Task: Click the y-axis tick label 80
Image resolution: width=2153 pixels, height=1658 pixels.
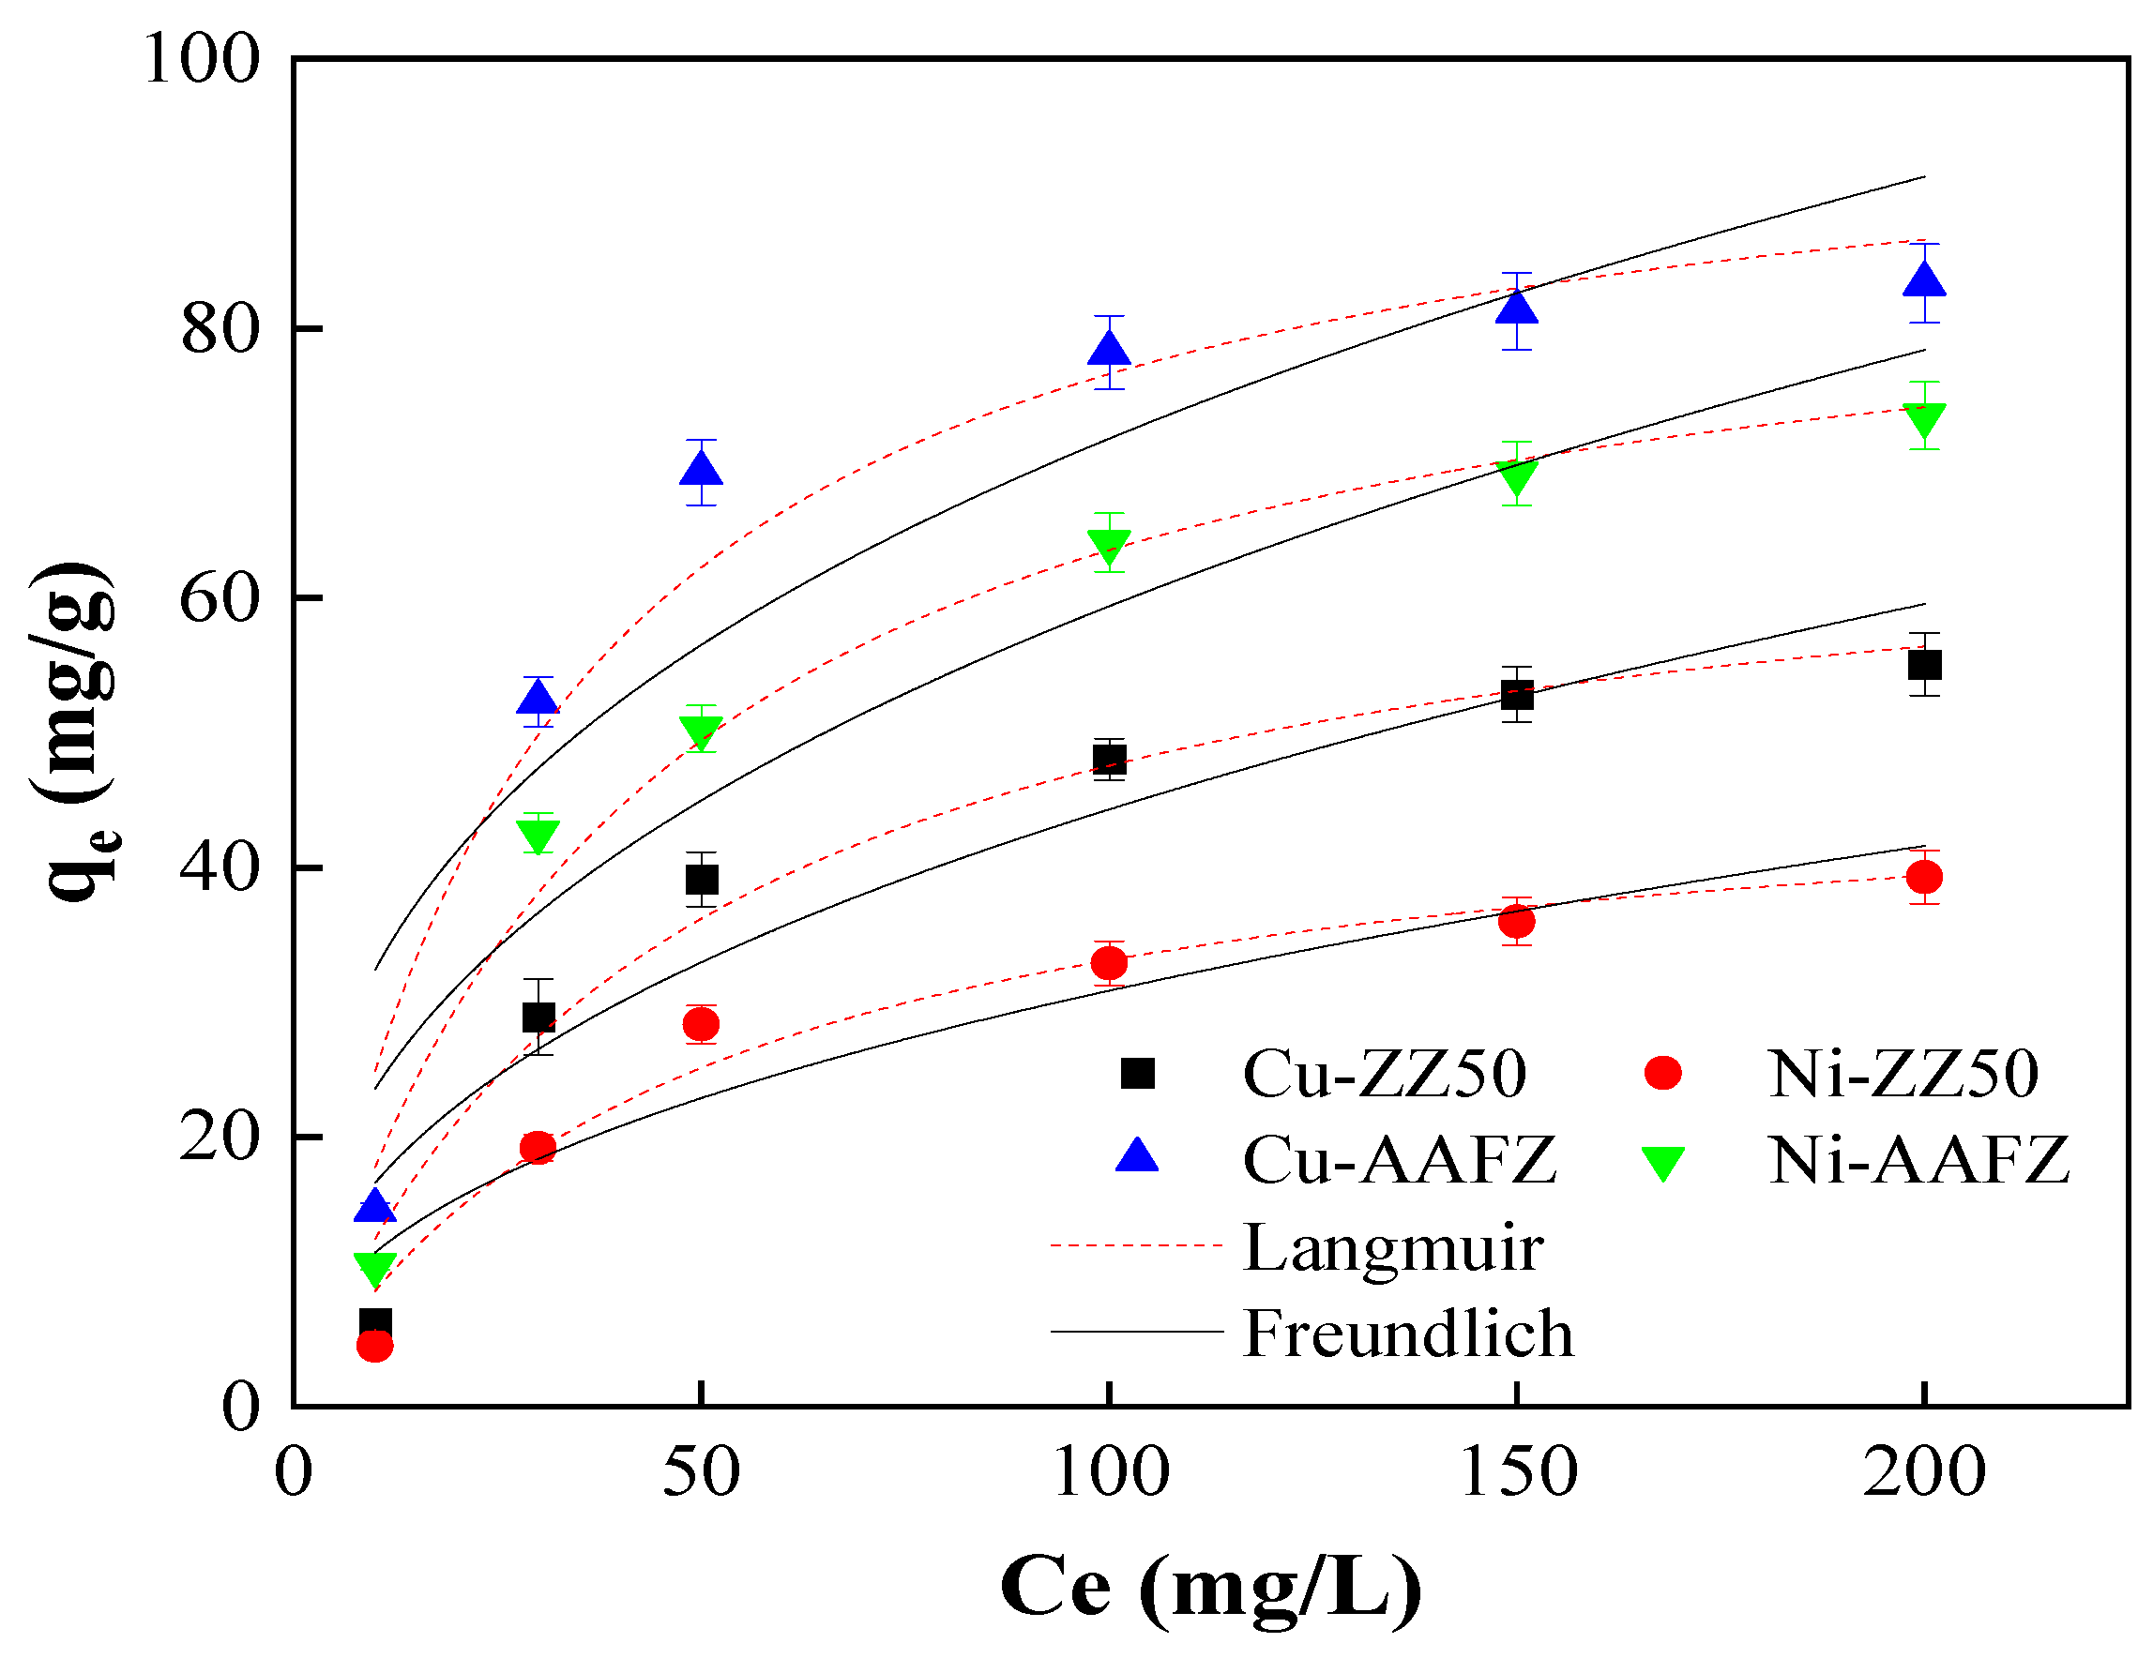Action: pos(220,329)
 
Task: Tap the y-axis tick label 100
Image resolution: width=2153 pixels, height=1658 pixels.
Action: pos(201,59)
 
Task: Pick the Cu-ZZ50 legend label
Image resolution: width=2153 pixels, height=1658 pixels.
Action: pos(1384,1074)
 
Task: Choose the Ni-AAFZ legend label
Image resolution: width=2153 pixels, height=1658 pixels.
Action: pos(1918,1160)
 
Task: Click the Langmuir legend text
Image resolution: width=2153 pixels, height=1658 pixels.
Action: pos(1392,1248)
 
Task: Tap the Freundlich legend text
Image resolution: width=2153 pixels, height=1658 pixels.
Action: pos(1408,1334)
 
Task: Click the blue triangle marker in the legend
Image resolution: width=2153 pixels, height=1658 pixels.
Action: pos(1137,1156)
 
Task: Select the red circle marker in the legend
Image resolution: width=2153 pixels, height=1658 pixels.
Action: pos(1663,1073)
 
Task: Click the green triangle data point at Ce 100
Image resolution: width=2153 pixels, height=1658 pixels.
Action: pos(1109,544)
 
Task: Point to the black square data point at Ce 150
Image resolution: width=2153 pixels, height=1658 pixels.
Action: pos(1517,695)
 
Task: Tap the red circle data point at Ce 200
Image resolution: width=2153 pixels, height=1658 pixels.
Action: pos(1924,876)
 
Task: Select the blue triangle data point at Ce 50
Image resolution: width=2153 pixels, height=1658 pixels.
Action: pos(701,469)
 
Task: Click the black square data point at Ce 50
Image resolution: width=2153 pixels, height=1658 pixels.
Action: pos(701,880)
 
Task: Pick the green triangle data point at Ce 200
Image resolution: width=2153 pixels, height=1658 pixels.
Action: pos(1924,419)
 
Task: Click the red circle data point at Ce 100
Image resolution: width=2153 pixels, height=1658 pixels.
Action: pos(1109,962)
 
